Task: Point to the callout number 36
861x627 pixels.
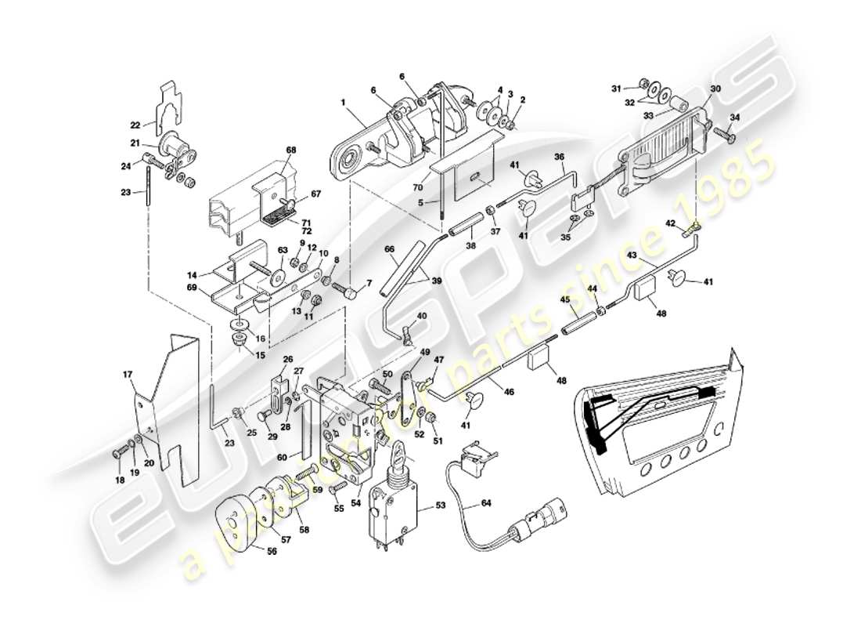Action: pos(560,156)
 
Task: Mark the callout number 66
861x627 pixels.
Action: pos(389,248)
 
